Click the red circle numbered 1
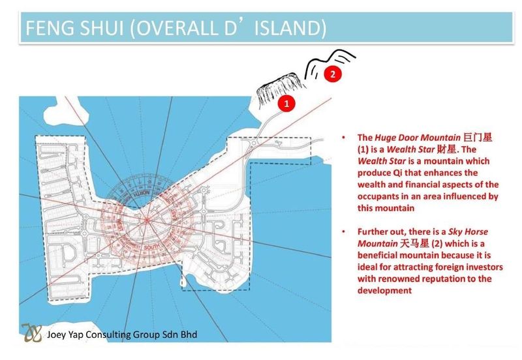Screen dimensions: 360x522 (285, 102)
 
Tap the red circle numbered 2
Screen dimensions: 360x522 (332, 74)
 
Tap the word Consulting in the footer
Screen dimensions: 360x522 (121, 335)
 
